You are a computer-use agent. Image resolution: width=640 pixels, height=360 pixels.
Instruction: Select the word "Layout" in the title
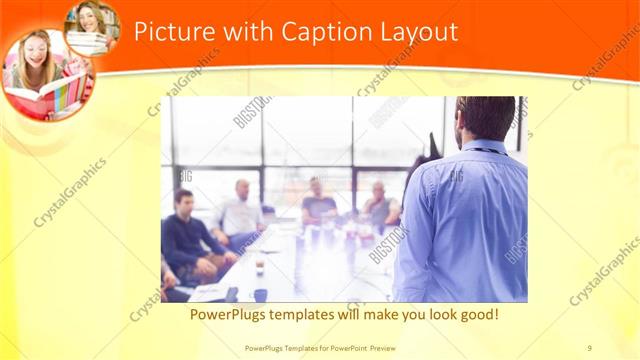tap(418, 32)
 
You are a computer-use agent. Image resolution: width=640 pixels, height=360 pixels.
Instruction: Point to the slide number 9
tap(589, 347)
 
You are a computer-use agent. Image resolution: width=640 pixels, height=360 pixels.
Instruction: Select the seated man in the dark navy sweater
tap(188, 240)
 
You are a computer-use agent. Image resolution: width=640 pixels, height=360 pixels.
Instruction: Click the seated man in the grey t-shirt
tap(318, 204)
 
